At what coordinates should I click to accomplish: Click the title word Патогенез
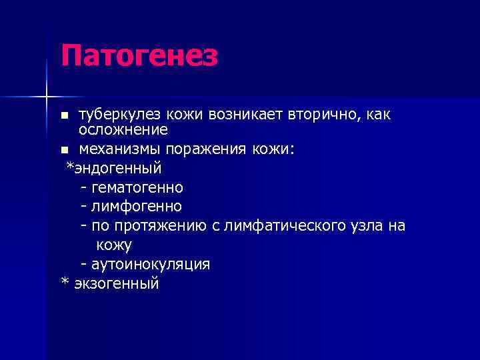click(139, 55)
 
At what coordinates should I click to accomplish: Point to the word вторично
click(323, 115)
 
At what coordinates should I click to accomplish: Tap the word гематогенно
click(138, 187)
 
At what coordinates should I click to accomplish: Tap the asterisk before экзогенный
click(65, 282)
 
